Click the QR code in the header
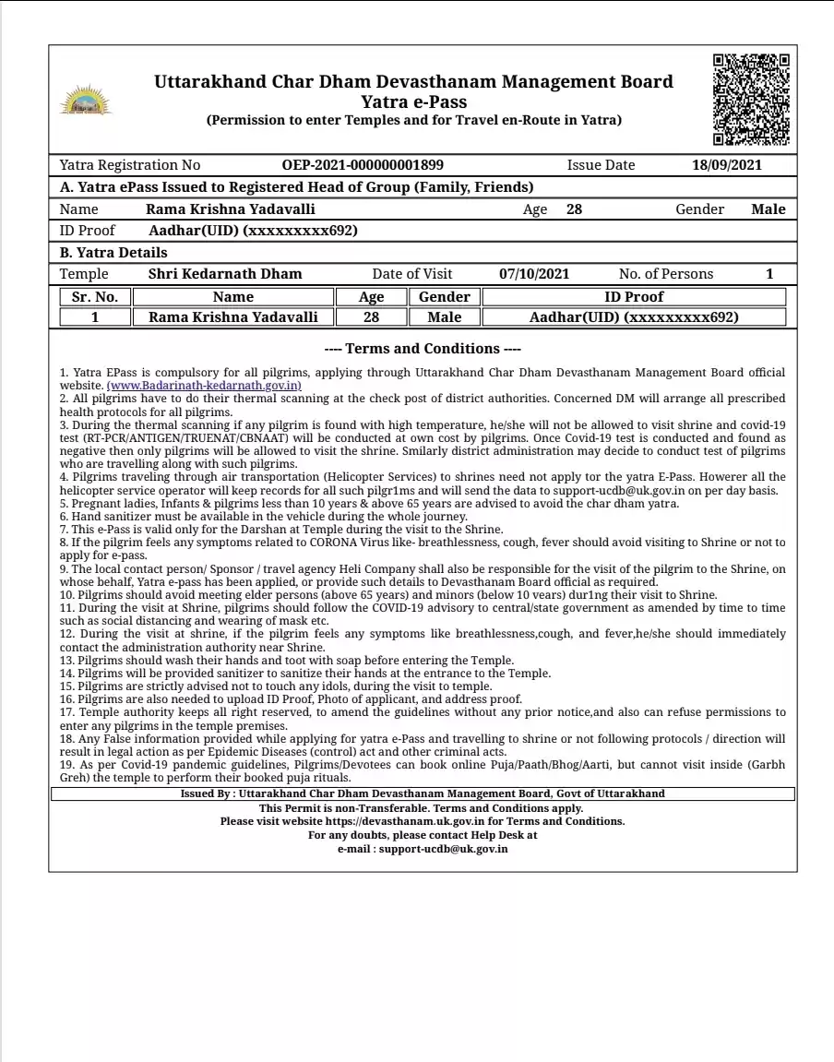pos(751,100)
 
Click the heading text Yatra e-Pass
pos(413,101)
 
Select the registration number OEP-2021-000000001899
pos(363,165)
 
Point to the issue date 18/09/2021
pos(727,165)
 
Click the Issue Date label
pos(601,165)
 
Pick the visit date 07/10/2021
pos(534,274)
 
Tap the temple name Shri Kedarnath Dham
pos(225,274)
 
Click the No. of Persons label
pos(666,274)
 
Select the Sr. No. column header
pos(95,297)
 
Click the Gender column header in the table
pos(445,297)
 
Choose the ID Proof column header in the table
pos(634,297)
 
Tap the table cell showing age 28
pos(372,317)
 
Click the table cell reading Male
pos(445,317)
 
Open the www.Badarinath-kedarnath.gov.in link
pos(204,385)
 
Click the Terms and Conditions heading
pos(423,349)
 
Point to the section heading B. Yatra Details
pos(113,253)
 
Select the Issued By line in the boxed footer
pos(423,794)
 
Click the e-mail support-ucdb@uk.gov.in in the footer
pos(443,849)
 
